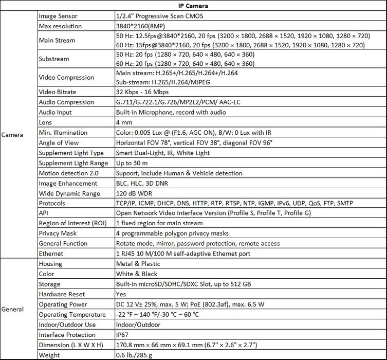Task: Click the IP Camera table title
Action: click(x=193, y=6)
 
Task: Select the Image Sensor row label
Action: click(x=59, y=16)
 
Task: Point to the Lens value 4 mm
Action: click(x=125, y=122)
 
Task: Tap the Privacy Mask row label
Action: click(x=58, y=233)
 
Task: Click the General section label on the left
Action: click(x=12, y=309)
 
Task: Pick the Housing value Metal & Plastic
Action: click(x=140, y=264)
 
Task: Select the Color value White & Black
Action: click(x=137, y=274)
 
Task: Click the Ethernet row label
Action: click(x=51, y=254)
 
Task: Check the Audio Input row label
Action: click(x=55, y=112)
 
